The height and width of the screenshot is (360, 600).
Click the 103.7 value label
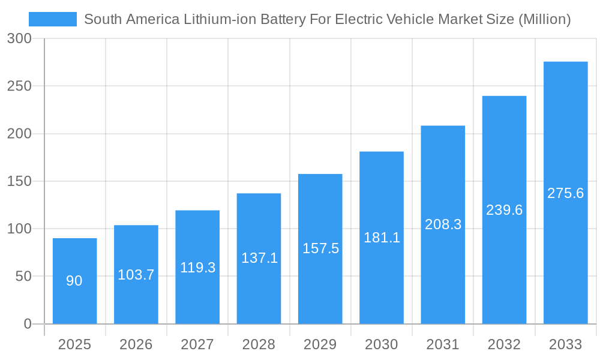click(x=136, y=275)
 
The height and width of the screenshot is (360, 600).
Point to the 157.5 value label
click(x=320, y=248)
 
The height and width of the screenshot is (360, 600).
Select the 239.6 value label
click(x=504, y=210)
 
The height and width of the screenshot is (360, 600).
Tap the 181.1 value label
click(x=382, y=237)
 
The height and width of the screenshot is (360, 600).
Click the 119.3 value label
click(x=197, y=268)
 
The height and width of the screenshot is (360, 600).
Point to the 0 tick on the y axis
click(x=27, y=324)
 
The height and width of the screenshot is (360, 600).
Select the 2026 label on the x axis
click(x=136, y=344)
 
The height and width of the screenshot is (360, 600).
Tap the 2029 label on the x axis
click(x=320, y=344)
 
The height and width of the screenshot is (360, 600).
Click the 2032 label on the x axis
click(x=504, y=344)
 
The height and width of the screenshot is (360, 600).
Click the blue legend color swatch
click(x=53, y=19)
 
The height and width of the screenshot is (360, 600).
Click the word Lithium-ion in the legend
click(x=218, y=19)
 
